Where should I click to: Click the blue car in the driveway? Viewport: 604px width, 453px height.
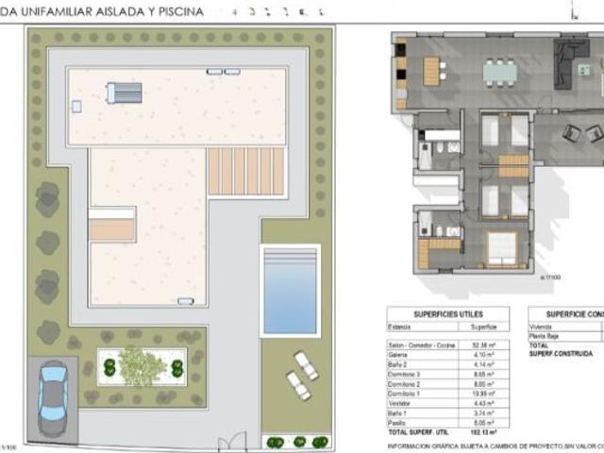tap(53, 396)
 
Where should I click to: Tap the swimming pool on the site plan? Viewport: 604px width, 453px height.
tap(290, 291)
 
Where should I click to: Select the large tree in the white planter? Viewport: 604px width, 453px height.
tap(142, 366)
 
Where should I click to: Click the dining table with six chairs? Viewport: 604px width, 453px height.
tap(500, 71)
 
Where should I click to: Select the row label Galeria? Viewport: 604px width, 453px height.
tap(400, 355)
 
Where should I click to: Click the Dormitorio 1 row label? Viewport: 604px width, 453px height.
tap(406, 392)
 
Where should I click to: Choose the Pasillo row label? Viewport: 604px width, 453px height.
tap(399, 424)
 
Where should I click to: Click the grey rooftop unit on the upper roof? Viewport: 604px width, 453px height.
tap(125, 92)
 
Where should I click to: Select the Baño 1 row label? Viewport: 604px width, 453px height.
tap(400, 414)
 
